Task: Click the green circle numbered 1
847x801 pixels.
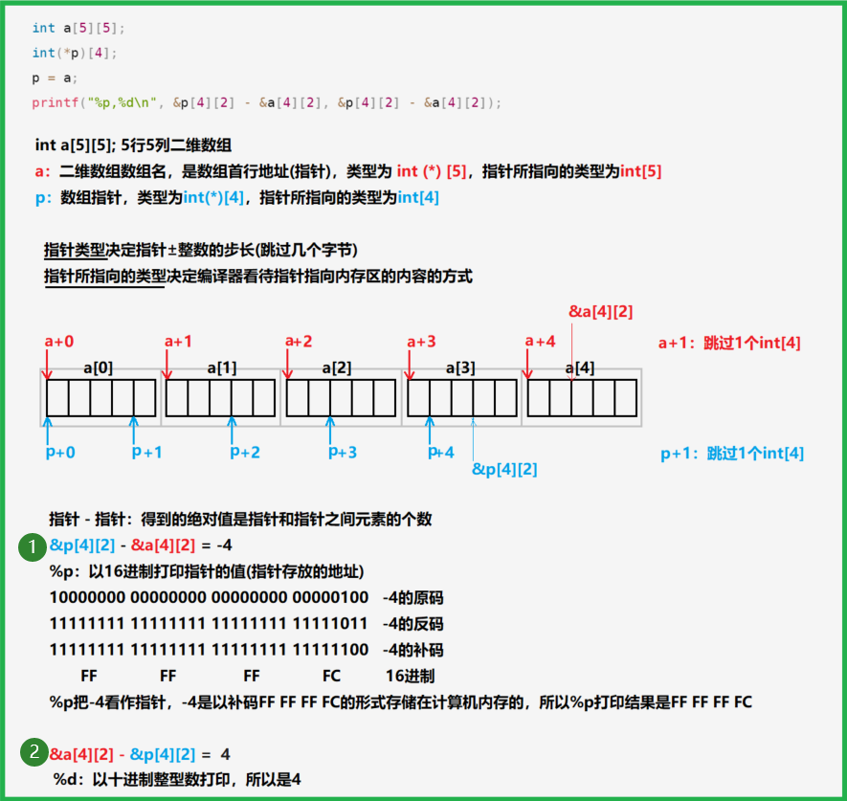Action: click(33, 547)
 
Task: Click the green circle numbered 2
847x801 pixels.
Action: click(33, 753)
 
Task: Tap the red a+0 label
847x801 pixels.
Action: click(59, 342)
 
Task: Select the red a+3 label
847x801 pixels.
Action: click(421, 342)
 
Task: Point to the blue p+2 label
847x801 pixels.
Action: click(245, 452)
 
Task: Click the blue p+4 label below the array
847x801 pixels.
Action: click(441, 452)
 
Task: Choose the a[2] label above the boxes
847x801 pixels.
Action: click(336, 367)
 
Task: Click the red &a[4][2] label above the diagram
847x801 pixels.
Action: click(601, 311)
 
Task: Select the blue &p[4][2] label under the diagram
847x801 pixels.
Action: click(504, 469)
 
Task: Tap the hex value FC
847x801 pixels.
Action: click(332, 676)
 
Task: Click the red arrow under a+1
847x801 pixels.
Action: click(167, 365)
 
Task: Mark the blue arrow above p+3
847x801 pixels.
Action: click(332, 429)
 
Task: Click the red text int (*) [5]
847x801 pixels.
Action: click(431, 171)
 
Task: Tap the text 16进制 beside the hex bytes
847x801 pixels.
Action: click(410, 676)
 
